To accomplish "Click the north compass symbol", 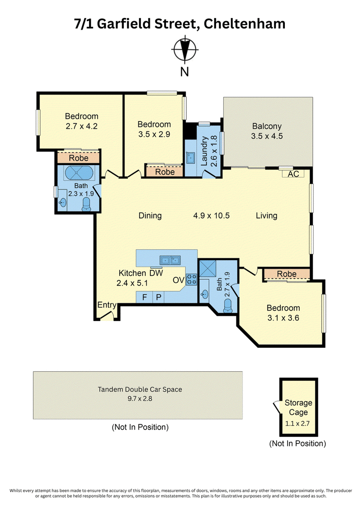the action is click(x=184, y=50).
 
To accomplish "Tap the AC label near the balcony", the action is click(x=293, y=174).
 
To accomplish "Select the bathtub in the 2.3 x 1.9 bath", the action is click(x=79, y=173).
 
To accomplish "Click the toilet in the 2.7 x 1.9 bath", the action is click(x=228, y=306).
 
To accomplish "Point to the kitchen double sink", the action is click(x=170, y=260).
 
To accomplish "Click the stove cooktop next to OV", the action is click(x=191, y=279).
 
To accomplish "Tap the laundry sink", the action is click(x=190, y=158).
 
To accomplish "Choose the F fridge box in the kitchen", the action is click(x=144, y=297).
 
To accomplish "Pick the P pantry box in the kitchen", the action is click(x=158, y=297).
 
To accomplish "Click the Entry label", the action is click(x=107, y=305).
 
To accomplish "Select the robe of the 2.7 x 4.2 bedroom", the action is click(x=79, y=158).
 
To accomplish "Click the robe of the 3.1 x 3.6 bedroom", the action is click(x=287, y=274).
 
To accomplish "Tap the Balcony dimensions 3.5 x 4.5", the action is click(x=267, y=136).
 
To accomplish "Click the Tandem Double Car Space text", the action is click(x=140, y=389).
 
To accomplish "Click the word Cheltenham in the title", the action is click(x=244, y=23).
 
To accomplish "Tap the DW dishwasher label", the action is click(x=156, y=273).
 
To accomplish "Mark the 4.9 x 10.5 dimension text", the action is click(x=211, y=216).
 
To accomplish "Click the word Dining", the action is click(x=150, y=216).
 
